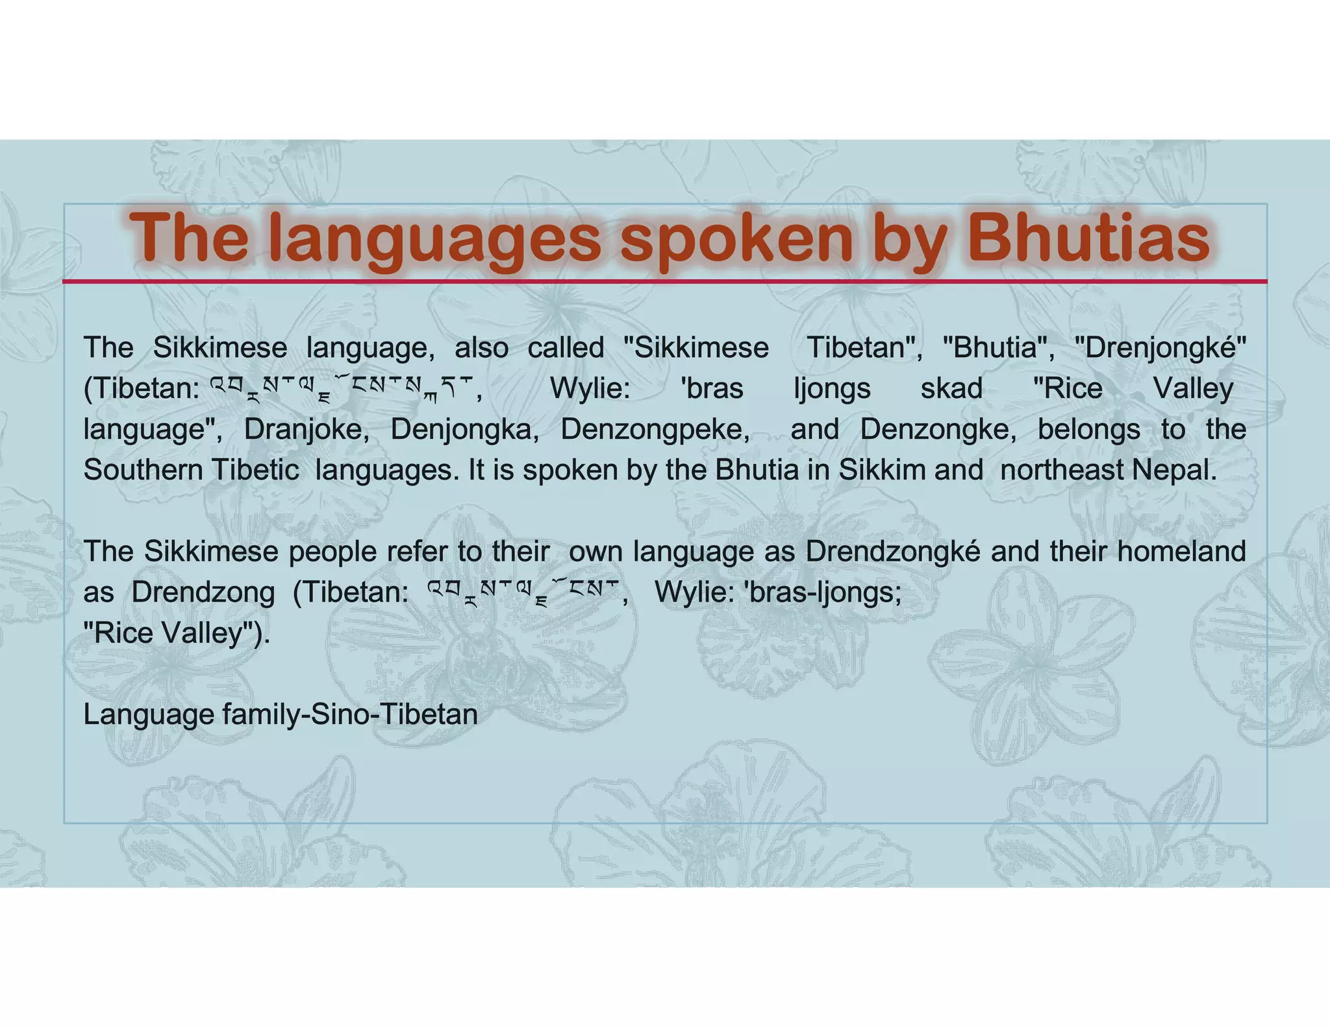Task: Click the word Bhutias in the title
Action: [1088, 238]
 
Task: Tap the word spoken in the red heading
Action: [735, 238]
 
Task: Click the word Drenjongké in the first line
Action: [1160, 349]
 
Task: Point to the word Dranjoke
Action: [306, 430]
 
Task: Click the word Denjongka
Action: [464, 430]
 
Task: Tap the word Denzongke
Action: [938, 430]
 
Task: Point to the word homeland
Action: [1181, 552]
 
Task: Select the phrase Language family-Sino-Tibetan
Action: [280, 715]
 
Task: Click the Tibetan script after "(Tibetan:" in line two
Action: [344, 390]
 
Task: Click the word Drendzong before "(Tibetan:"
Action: [203, 592]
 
